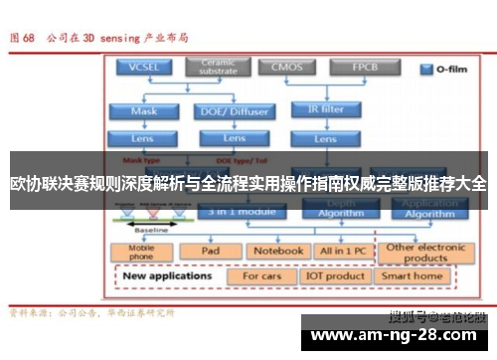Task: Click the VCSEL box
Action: click(x=143, y=68)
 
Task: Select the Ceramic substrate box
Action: click(x=218, y=68)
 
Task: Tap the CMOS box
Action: click(x=287, y=68)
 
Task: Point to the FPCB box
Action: click(x=364, y=68)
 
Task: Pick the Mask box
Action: click(x=143, y=111)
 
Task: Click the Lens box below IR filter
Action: click(x=327, y=136)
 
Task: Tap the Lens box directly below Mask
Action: click(x=143, y=137)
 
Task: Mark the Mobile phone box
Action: click(x=142, y=252)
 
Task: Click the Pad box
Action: click(x=210, y=251)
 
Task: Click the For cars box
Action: click(x=262, y=274)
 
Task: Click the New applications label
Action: click(x=169, y=273)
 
